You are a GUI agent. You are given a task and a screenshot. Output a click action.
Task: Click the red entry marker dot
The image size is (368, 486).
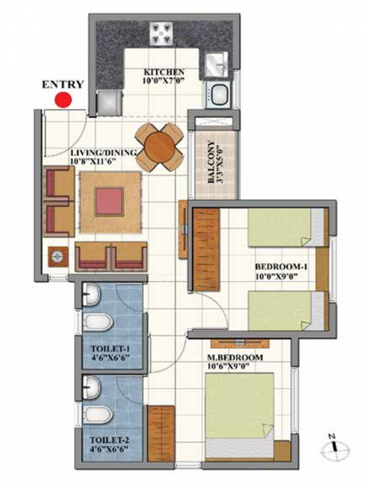(x=63, y=100)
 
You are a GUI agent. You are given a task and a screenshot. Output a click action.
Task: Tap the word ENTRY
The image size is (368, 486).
(x=62, y=83)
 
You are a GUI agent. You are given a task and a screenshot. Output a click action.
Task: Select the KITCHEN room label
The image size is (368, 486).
(x=166, y=71)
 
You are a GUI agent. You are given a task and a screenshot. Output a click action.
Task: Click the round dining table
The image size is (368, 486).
(x=159, y=147)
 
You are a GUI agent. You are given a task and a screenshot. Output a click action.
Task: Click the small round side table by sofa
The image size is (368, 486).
(x=57, y=258)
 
